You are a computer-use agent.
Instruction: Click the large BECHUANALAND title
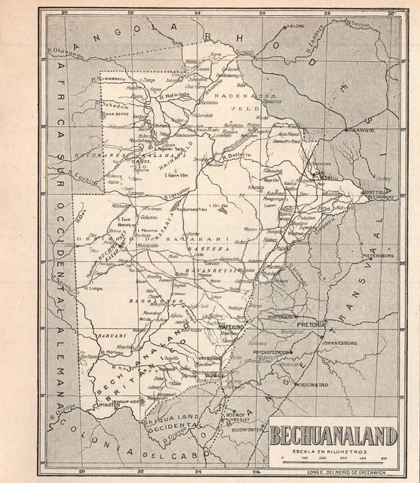(x=333, y=435)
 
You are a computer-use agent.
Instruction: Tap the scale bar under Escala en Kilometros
(x=333, y=453)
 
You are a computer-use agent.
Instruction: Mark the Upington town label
(x=105, y=405)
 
